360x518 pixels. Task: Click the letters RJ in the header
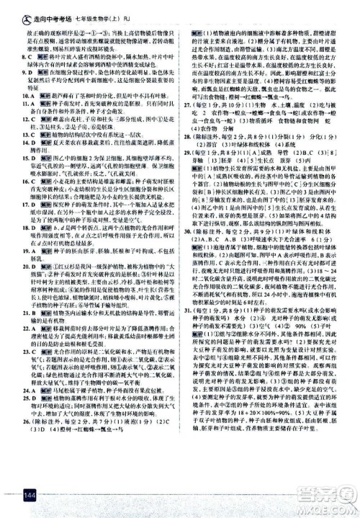tap(140, 9)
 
